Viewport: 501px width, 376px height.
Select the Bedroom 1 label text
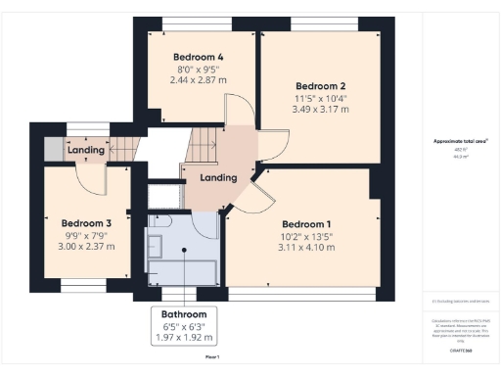tap(306, 221)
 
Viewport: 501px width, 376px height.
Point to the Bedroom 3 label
tap(86, 222)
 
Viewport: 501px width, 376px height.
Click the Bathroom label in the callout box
tap(184, 313)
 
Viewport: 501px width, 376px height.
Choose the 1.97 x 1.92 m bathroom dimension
tap(184, 338)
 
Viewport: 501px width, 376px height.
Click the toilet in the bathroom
tap(162, 222)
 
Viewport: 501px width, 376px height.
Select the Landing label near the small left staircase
tap(86, 150)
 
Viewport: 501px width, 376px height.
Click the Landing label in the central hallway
tap(217, 177)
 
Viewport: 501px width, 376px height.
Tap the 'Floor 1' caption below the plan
tap(211, 356)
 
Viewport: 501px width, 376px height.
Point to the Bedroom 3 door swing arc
tap(91, 181)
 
